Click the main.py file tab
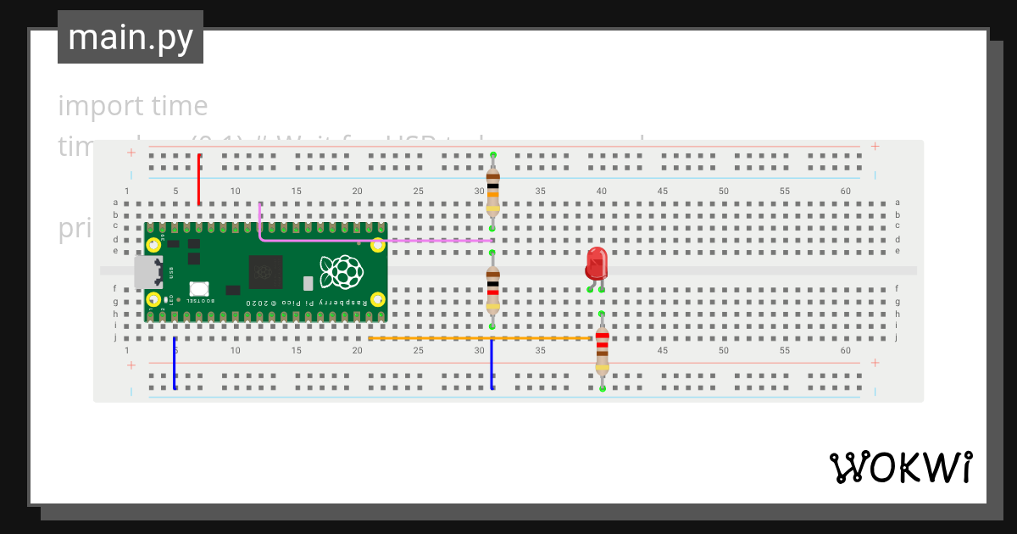coord(131,37)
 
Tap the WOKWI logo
coord(900,467)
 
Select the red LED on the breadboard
coord(597,264)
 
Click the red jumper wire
coord(199,180)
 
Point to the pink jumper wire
coord(373,240)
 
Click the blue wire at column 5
coord(175,364)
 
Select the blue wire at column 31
coord(492,364)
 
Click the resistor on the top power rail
coord(492,192)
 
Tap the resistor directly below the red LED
coord(602,351)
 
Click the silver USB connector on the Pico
coord(148,272)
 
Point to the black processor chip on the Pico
coord(265,272)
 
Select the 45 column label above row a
coord(662,191)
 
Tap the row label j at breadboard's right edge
coord(897,337)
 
